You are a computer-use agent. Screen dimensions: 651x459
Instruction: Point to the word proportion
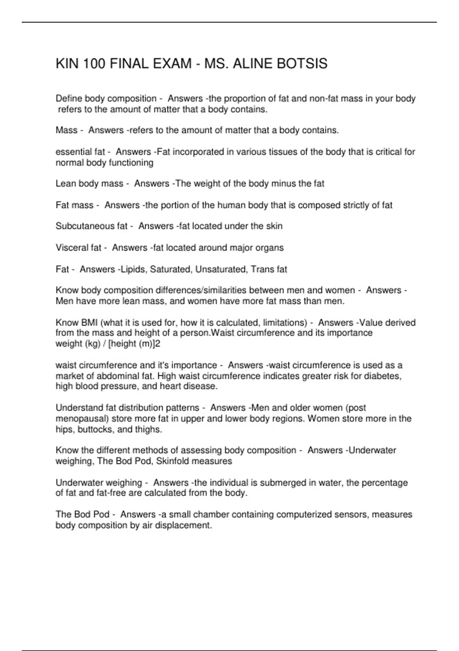242,99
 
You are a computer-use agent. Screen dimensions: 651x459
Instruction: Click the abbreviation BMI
90,323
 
